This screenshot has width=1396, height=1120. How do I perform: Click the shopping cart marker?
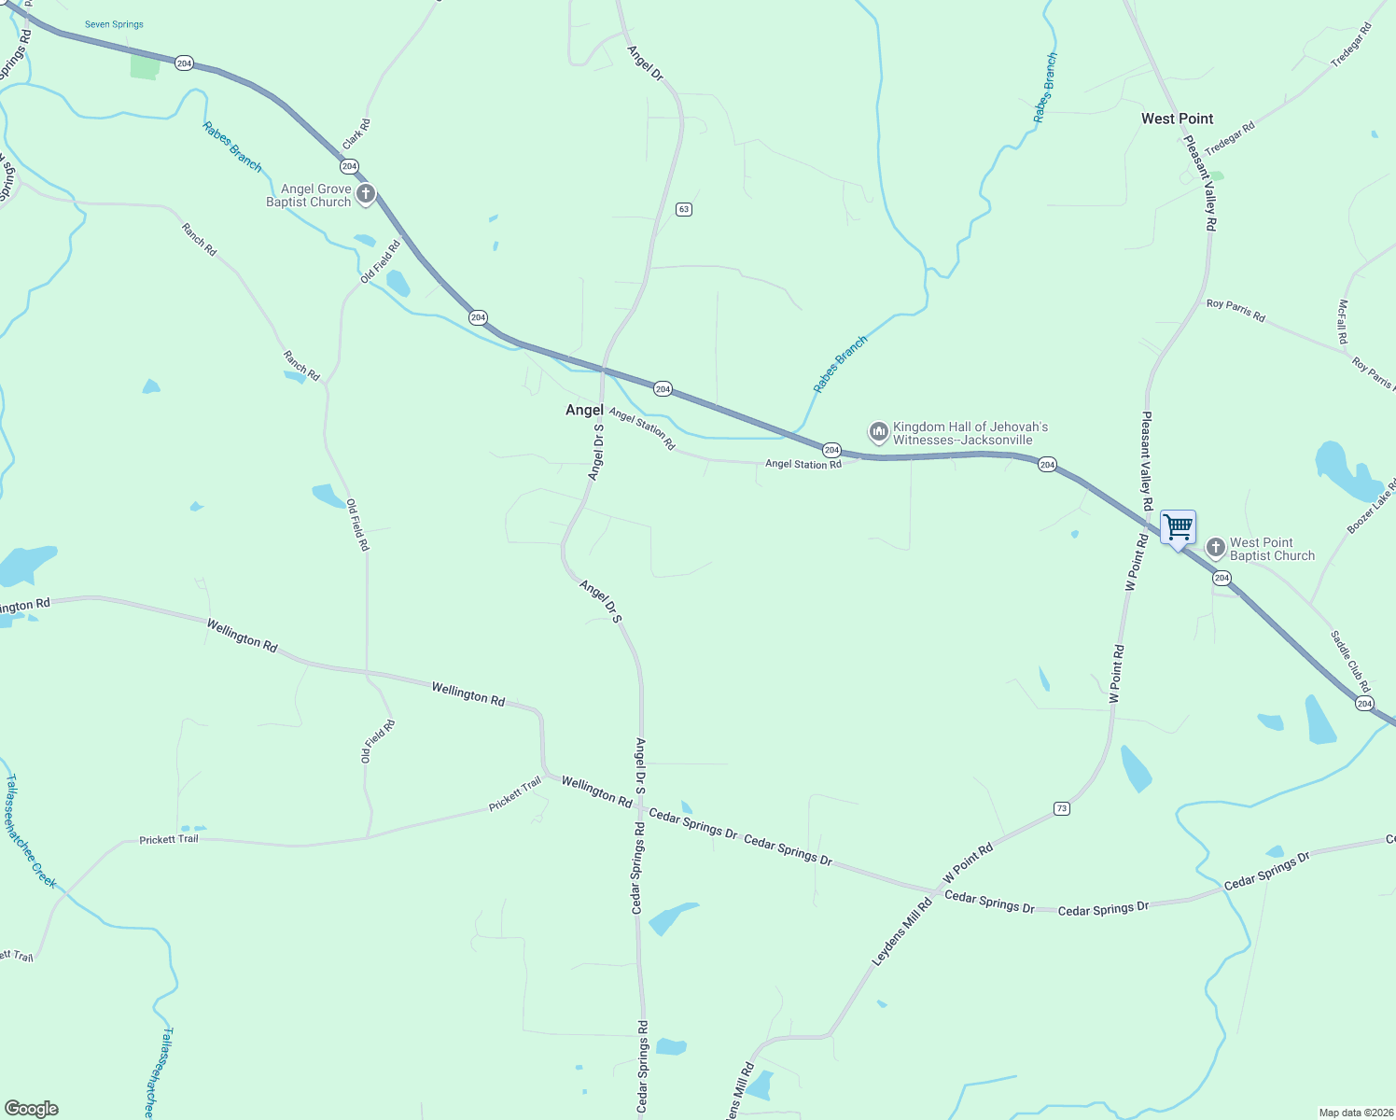[1178, 528]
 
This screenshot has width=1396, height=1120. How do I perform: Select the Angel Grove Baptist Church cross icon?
[366, 194]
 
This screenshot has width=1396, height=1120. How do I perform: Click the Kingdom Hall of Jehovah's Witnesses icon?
[877, 432]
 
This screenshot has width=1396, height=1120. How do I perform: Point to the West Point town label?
[1177, 119]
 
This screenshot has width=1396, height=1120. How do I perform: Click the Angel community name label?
[584, 410]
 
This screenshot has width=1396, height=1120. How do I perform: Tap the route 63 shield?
[684, 209]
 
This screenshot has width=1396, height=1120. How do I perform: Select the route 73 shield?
[1061, 808]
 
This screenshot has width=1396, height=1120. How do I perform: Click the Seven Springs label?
[114, 24]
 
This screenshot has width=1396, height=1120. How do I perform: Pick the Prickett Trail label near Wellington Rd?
[515, 794]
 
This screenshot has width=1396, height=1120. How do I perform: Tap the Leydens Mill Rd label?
[901, 931]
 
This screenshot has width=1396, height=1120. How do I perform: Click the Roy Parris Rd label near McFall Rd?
[1235, 310]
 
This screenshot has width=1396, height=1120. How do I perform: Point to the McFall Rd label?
[1342, 321]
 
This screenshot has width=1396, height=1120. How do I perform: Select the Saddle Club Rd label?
[1350, 661]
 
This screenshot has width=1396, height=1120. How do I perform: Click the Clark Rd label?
[356, 134]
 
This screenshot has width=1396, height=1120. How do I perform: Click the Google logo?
[32, 1109]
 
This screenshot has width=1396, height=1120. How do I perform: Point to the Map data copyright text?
[1355, 1113]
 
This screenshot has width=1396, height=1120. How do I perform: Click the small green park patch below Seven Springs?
[145, 66]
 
